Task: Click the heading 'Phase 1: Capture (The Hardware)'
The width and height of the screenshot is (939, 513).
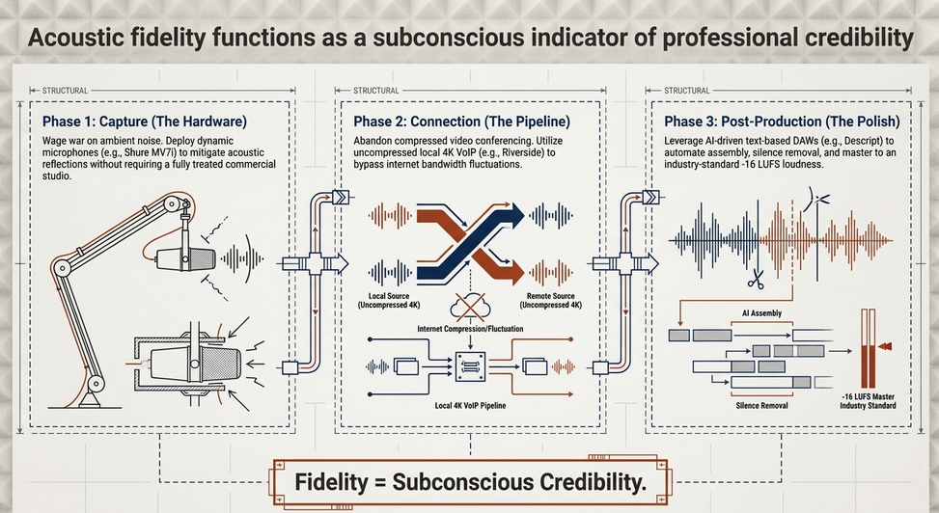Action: point(145,121)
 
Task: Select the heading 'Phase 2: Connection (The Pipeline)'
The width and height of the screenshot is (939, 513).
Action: point(461,121)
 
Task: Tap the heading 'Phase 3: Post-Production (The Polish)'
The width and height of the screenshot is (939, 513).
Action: point(782,121)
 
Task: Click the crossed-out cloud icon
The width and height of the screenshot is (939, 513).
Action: point(470,307)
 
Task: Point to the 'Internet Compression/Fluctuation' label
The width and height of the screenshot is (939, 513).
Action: point(470,329)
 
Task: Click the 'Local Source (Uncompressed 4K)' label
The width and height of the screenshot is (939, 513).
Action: point(389,301)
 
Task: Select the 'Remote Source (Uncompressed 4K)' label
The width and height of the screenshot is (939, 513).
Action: point(550,301)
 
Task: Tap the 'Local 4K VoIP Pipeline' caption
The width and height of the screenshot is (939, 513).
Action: point(470,405)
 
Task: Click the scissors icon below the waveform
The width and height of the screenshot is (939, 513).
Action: point(756,279)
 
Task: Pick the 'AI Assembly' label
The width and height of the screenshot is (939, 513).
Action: point(761,313)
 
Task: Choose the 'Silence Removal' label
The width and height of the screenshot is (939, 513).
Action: point(761,405)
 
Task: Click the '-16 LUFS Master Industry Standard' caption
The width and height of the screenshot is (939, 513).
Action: point(868,401)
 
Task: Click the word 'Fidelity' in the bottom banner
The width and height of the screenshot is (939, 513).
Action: point(331,482)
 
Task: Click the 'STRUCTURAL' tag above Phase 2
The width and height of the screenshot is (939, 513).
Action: point(376,91)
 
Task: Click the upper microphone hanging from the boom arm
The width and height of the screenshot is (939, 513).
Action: point(185,258)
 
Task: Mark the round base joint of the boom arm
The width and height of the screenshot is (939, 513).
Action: point(96,384)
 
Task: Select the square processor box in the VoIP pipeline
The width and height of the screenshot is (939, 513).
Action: point(471,367)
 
